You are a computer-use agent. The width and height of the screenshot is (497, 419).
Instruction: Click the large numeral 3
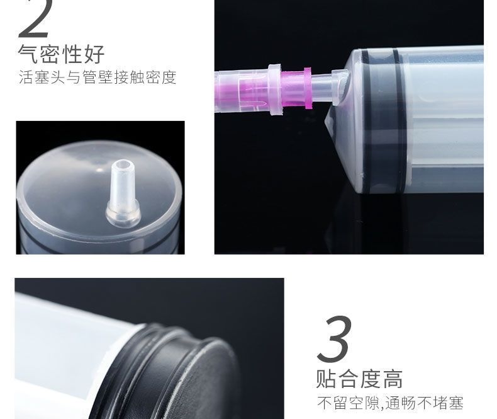tap(334, 339)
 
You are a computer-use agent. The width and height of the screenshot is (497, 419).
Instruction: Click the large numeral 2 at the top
tap(35, 18)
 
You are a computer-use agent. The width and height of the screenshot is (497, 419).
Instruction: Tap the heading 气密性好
tap(61, 54)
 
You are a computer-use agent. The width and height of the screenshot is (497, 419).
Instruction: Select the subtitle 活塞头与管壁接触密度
tap(98, 77)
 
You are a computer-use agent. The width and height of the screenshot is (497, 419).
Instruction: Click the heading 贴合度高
tap(359, 379)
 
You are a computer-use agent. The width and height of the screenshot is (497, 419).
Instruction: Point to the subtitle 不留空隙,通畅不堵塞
tap(390, 403)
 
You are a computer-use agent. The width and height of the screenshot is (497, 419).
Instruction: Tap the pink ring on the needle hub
tap(307, 88)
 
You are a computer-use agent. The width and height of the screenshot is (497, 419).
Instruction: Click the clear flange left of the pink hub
tap(275, 90)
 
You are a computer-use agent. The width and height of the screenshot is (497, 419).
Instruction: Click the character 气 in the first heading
tap(28, 54)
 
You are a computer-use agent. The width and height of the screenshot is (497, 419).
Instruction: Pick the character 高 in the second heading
tap(393, 379)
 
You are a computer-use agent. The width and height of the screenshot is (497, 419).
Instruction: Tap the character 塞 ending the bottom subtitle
tap(456, 403)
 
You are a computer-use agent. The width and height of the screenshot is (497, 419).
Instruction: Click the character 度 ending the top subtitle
tap(169, 77)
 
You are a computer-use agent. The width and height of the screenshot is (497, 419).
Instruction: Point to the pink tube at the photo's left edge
tap(242, 91)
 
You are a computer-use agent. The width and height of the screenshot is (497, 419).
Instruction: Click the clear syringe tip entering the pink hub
tap(323, 88)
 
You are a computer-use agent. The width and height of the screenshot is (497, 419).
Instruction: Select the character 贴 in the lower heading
tap(326, 379)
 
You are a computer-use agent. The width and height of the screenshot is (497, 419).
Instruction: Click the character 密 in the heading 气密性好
tap(50, 54)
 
